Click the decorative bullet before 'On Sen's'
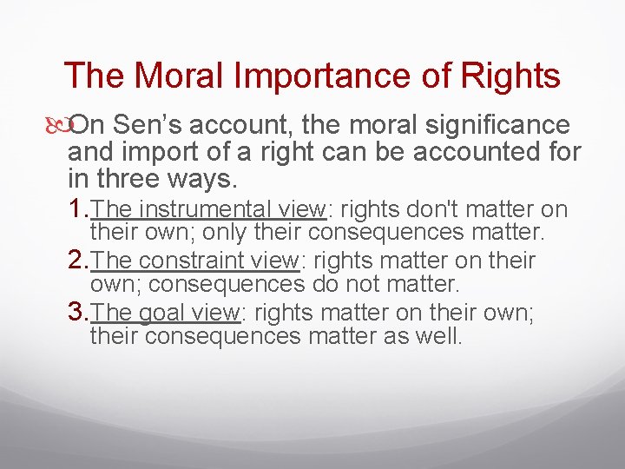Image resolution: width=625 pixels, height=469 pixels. [x=60, y=127]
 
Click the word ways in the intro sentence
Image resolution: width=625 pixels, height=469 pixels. [x=205, y=180]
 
